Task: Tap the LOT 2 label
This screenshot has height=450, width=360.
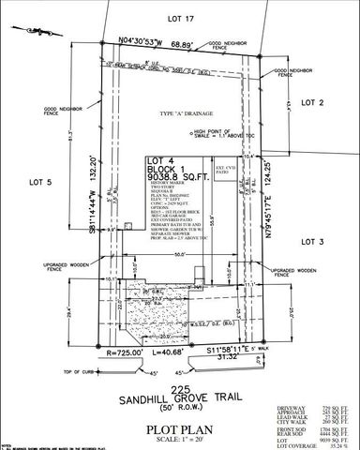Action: (312, 100)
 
